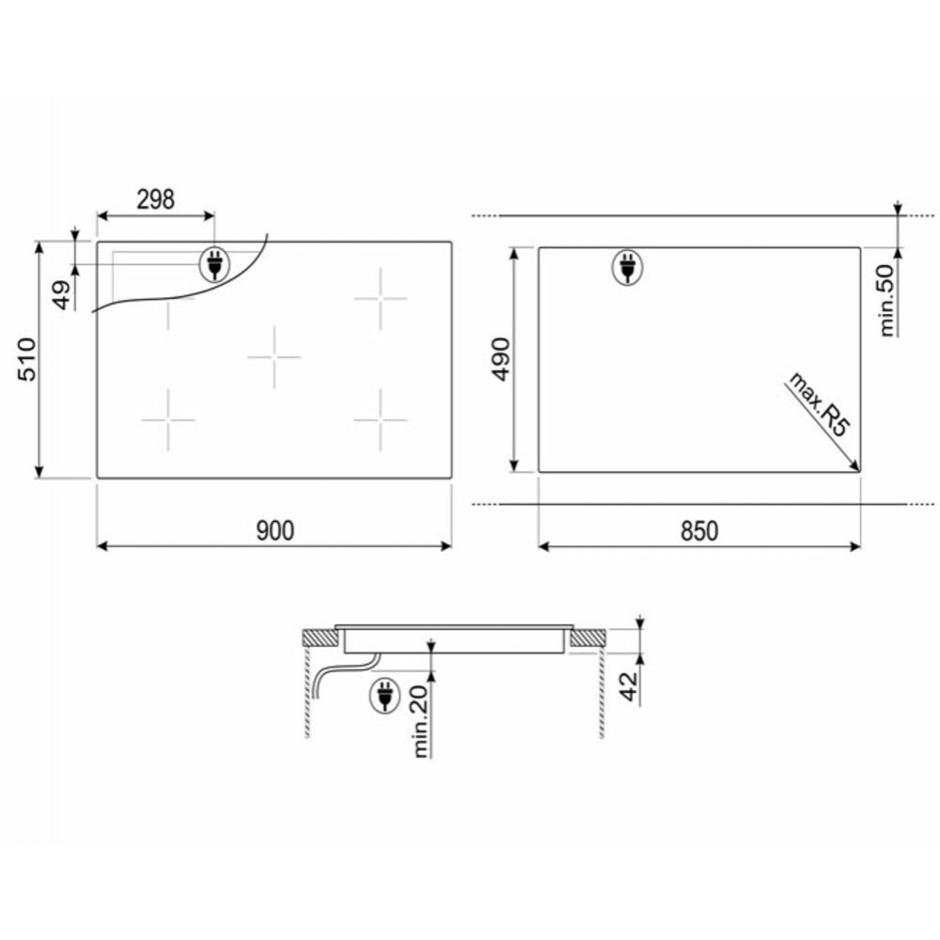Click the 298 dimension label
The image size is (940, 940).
pos(155,199)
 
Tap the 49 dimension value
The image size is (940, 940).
pos(62,294)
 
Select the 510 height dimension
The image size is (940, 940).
pos(27,360)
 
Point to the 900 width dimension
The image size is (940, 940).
pos(275,530)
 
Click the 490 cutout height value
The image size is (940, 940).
pos(500,359)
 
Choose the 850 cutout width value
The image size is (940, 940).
pos(699,531)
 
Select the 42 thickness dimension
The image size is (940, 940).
pos(629,686)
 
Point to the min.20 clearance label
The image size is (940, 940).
pos(420,721)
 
